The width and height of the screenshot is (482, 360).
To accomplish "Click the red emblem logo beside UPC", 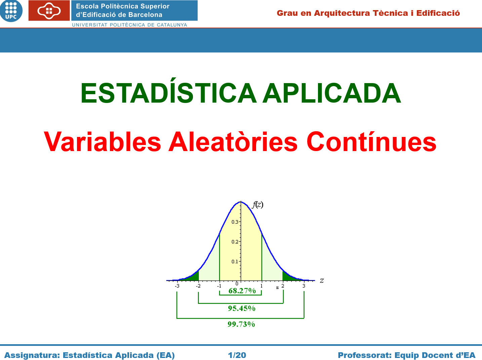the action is [49, 10].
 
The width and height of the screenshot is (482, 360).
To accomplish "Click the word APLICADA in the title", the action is [332, 93].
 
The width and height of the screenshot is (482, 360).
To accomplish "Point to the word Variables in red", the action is [102, 142].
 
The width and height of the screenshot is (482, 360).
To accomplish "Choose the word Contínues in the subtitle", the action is [371, 142].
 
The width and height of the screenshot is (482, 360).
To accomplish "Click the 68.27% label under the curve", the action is [242, 291].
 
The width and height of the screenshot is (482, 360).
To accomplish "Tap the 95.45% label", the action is [242, 308].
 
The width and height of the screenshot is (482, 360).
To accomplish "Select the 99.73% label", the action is [241, 324].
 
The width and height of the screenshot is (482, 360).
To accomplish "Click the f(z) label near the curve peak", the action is [257, 205].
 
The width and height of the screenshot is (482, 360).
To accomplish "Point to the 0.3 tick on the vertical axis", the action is [235, 222].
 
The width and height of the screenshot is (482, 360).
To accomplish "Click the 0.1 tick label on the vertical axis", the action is [235, 261].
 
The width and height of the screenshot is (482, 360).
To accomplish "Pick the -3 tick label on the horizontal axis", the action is [177, 286].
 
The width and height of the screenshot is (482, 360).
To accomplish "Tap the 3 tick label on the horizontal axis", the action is [304, 286].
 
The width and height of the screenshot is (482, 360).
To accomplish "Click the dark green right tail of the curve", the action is [288, 277].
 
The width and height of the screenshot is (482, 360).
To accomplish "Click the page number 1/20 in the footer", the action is [237, 355].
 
